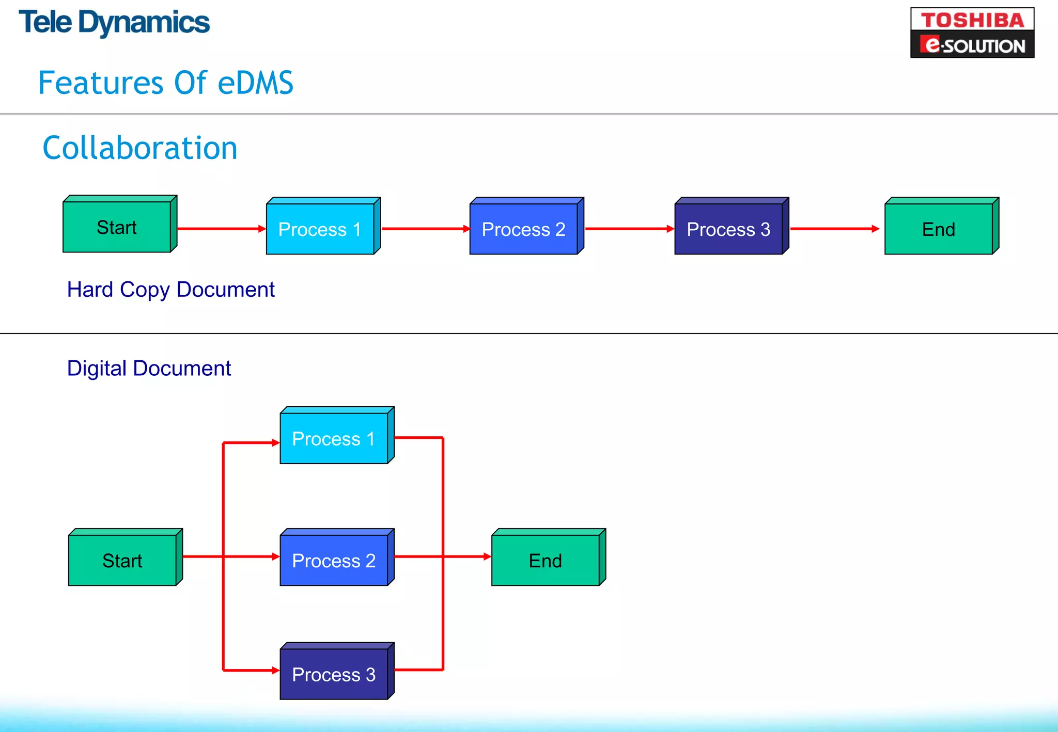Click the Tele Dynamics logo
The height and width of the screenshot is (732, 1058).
pyautogui.click(x=114, y=23)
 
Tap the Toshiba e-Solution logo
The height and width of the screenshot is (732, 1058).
pyautogui.click(x=972, y=33)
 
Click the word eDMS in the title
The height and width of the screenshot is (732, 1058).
pyautogui.click(x=255, y=83)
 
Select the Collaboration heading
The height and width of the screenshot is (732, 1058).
pyautogui.click(x=140, y=148)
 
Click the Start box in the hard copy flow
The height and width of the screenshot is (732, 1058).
pyautogui.click(x=117, y=227)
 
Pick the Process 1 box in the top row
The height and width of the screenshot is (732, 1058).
pyautogui.click(x=320, y=229)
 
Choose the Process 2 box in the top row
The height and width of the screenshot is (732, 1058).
pyautogui.click(x=524, y=229)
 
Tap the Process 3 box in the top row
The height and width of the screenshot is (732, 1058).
pyautogui.click(x=728, y=229)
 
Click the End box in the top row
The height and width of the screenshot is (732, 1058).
pyautogui.click(x=939, y=229)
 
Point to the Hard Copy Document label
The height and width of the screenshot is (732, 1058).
pyautogui.click(x=170, y=290)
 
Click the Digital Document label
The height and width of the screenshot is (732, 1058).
pyautogui.click(x=149, y=369)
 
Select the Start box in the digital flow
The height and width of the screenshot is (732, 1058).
pyautogui.click(x=123, y=560)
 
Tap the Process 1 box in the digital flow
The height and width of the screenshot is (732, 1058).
pyautogui.click(x=334, y=438)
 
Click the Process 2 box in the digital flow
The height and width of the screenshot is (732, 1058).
pyautogui.click(x=334, y=560)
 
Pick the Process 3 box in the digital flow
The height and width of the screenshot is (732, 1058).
pyautogui.click(x=334, y=674)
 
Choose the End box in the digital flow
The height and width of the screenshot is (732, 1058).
pyautogui.click(x=546, y=560)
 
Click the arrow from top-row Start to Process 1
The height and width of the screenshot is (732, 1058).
pyautogui.click(x=221, y=229)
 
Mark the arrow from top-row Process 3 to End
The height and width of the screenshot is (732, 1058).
pyautogui.click(x=835, y=229)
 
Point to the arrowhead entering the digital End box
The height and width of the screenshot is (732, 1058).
pyautogui.click(x=487, y=556)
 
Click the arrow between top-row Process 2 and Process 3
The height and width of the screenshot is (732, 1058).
pyautogui.click(x=629, y=229)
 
